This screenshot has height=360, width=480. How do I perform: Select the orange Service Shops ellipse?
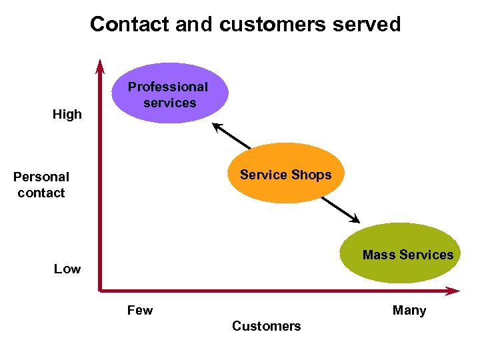click(286, 173)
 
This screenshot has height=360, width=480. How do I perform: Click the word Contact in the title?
click(129, 25)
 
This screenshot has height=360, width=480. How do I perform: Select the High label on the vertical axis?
click(67, 114)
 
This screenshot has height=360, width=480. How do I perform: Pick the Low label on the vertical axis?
click(67, 269)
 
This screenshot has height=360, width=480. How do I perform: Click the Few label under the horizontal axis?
click(140, 310)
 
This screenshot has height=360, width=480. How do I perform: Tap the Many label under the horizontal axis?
click(409, 310)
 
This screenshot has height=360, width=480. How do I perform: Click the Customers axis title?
click(266, 326)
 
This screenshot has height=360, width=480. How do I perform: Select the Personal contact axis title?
click(41, 185)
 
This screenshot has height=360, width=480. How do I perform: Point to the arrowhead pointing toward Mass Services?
click(355, 219)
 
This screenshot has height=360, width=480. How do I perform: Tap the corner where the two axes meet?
click(100, 290)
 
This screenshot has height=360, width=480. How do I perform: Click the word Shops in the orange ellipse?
click(309, 175)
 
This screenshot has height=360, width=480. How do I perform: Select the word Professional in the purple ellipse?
click(168, 87)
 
